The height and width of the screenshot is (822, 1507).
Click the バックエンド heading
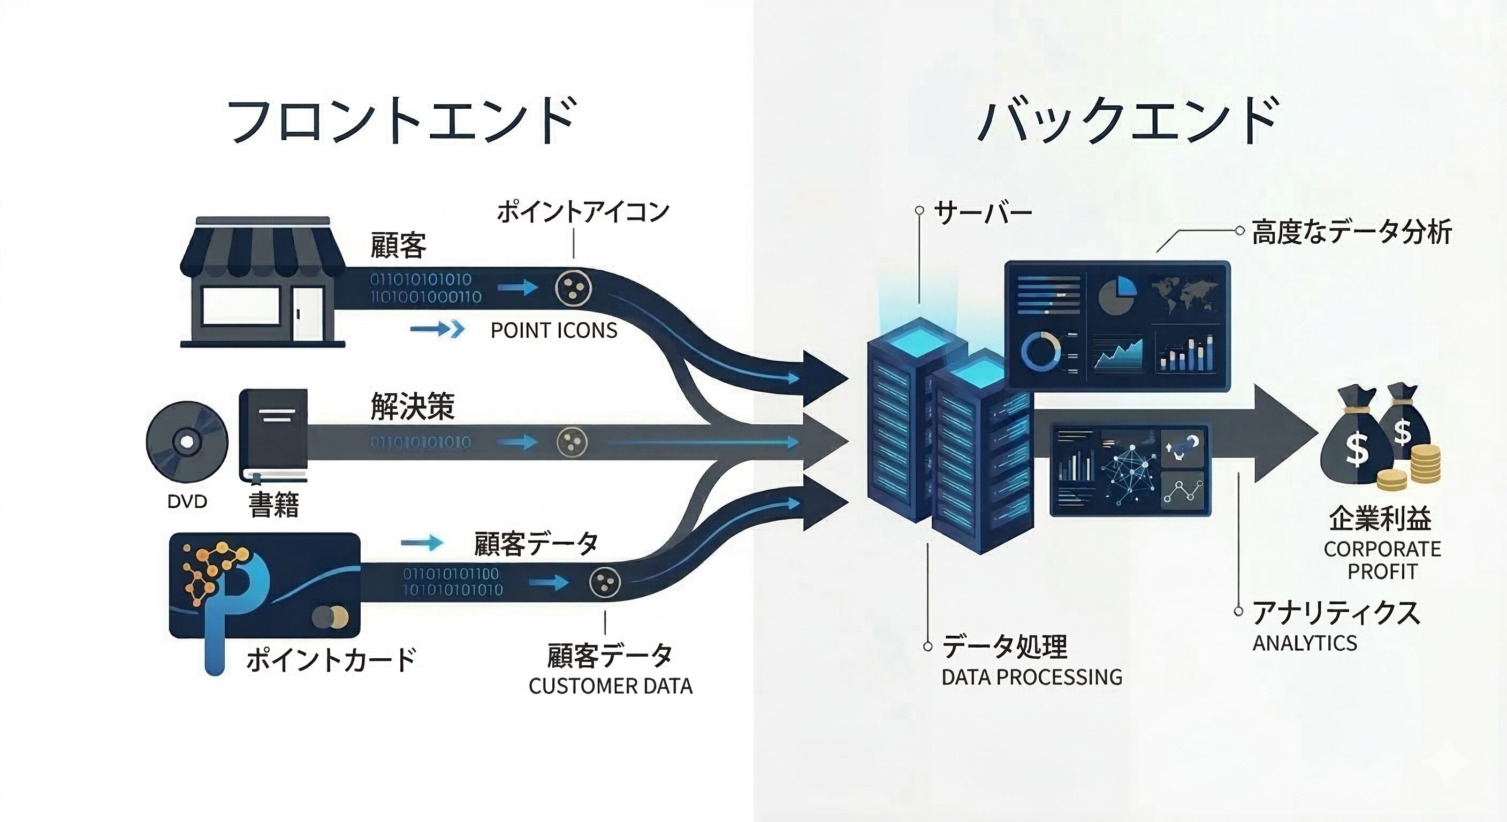coord(1128,121)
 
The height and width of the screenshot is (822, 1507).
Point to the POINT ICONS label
coord(553,331)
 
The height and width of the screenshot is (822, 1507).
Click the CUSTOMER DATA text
coord(610,686)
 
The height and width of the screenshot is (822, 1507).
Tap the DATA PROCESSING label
coord(1031,677)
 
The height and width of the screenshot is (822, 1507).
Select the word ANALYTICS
coord(1305,643)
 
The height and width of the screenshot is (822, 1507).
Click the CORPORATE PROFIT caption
coord(1382,560)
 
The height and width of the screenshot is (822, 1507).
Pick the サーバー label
coord(983,213)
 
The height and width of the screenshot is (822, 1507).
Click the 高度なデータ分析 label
coord(1351,232)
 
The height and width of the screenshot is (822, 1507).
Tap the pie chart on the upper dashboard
coord(1117,296)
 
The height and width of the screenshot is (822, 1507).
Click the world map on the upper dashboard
coord(1185,295)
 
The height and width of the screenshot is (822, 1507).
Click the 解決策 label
coord(413,406)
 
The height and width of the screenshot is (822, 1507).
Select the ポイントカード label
coord(331,659)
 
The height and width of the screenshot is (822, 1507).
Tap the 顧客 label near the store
coord(398,245)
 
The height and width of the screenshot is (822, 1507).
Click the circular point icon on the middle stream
coord(572,441)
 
